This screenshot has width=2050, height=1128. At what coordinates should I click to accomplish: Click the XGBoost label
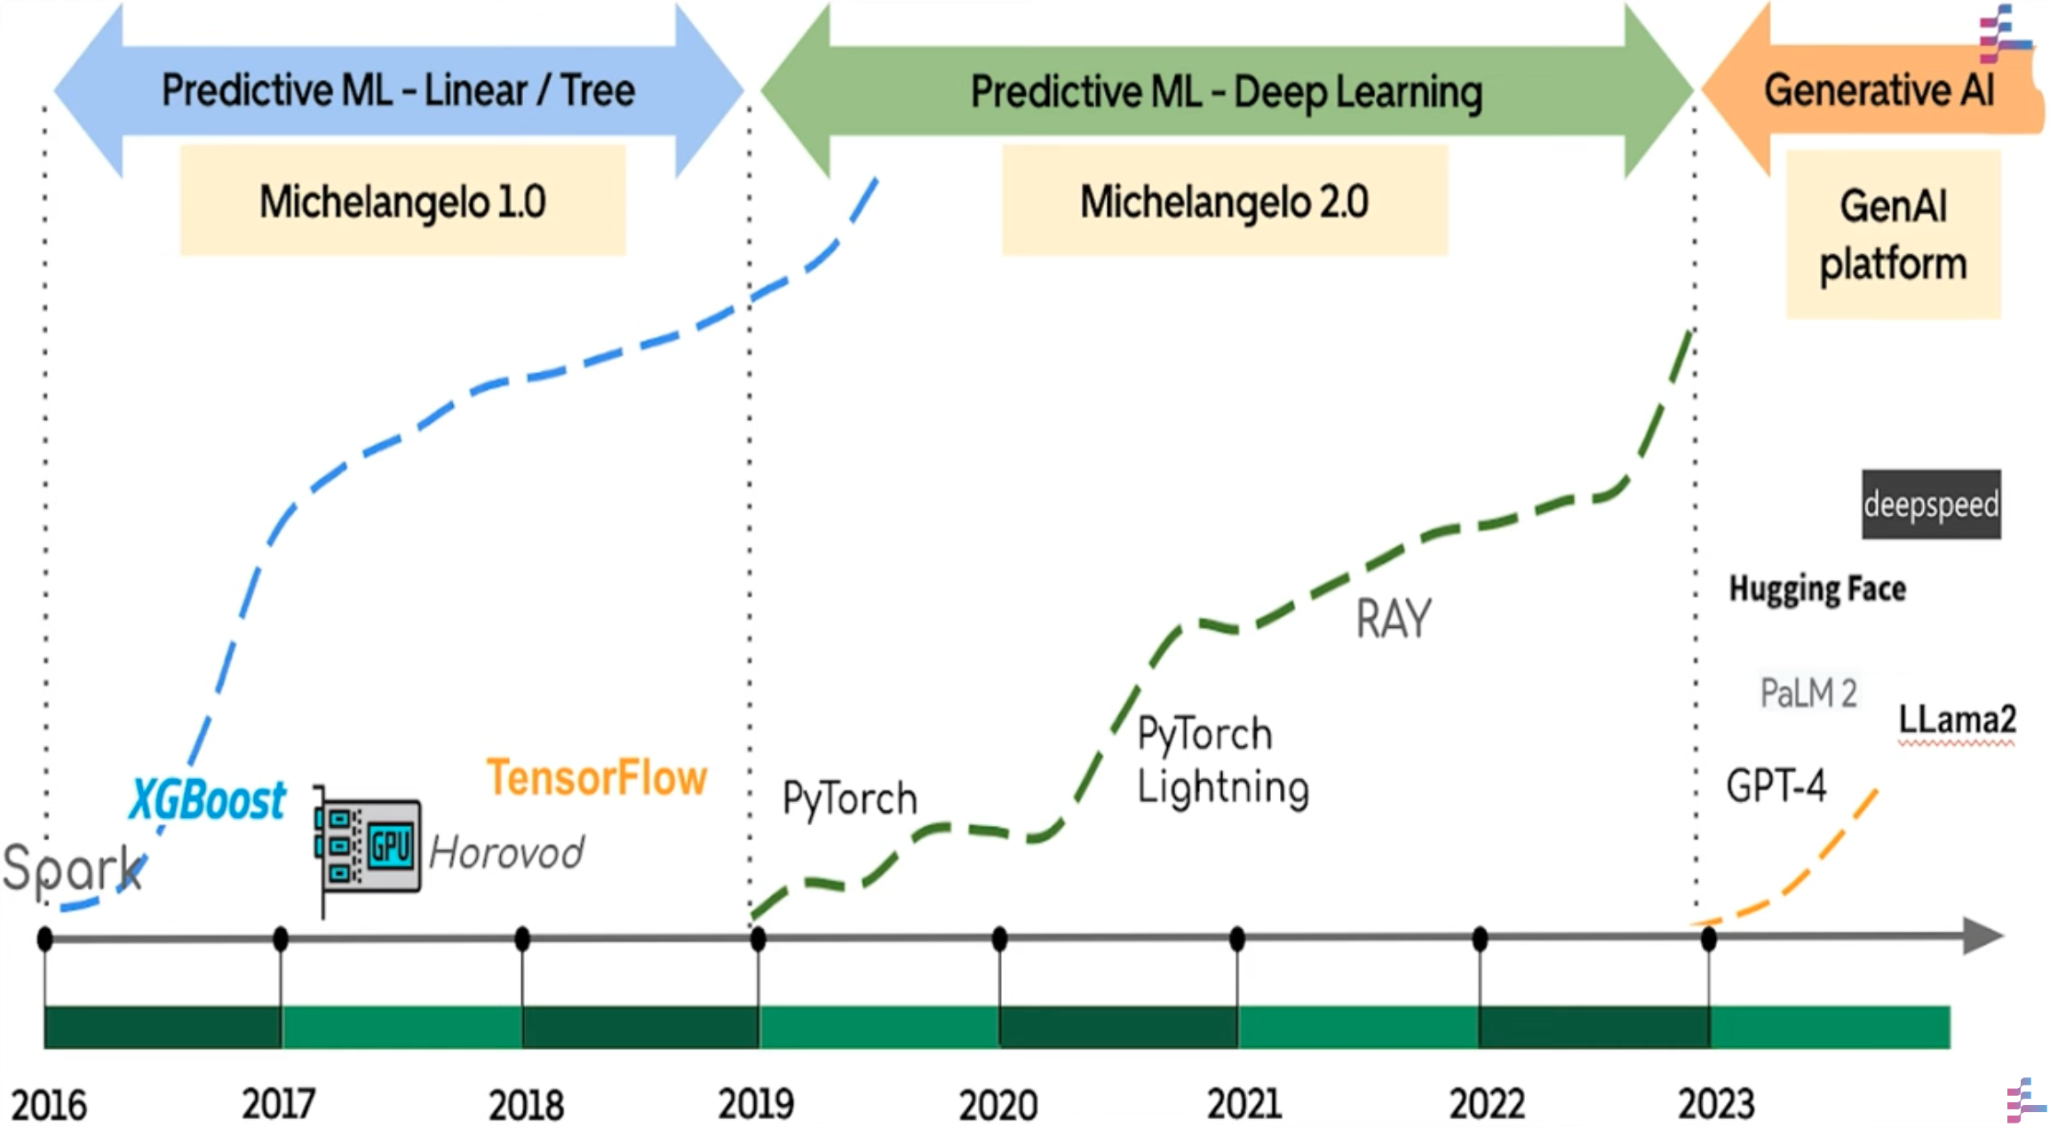[208, 799]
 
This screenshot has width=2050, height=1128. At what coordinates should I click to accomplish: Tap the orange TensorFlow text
[596, 778]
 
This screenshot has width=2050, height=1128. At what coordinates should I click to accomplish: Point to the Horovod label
[506, 854]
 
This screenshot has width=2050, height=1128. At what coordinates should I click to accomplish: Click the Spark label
[71, 868]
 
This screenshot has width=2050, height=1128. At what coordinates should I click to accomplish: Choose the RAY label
[1393, 619]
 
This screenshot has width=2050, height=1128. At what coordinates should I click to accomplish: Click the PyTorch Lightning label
[1222, 760]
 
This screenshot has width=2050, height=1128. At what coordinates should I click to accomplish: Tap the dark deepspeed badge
[1930, 504]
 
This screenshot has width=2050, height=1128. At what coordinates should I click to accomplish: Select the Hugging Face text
[1816, 589]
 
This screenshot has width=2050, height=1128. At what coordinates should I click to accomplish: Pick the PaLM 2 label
[1808, 694]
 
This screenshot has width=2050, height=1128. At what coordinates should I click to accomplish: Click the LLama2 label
[1957, 719]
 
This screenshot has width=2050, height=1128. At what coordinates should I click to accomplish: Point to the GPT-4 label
[1775, 786]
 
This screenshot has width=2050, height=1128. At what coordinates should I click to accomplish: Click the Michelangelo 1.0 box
[402, 202]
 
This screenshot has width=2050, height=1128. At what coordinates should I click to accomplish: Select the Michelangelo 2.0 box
[1224, 202]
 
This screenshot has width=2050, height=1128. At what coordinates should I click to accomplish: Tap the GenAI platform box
[1893, 235]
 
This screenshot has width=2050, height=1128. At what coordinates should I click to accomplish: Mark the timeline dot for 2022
[1480, 939]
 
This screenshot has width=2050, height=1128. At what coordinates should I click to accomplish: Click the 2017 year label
[279, 1105]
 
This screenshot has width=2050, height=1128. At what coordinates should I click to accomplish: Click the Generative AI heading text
[1879, 91]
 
